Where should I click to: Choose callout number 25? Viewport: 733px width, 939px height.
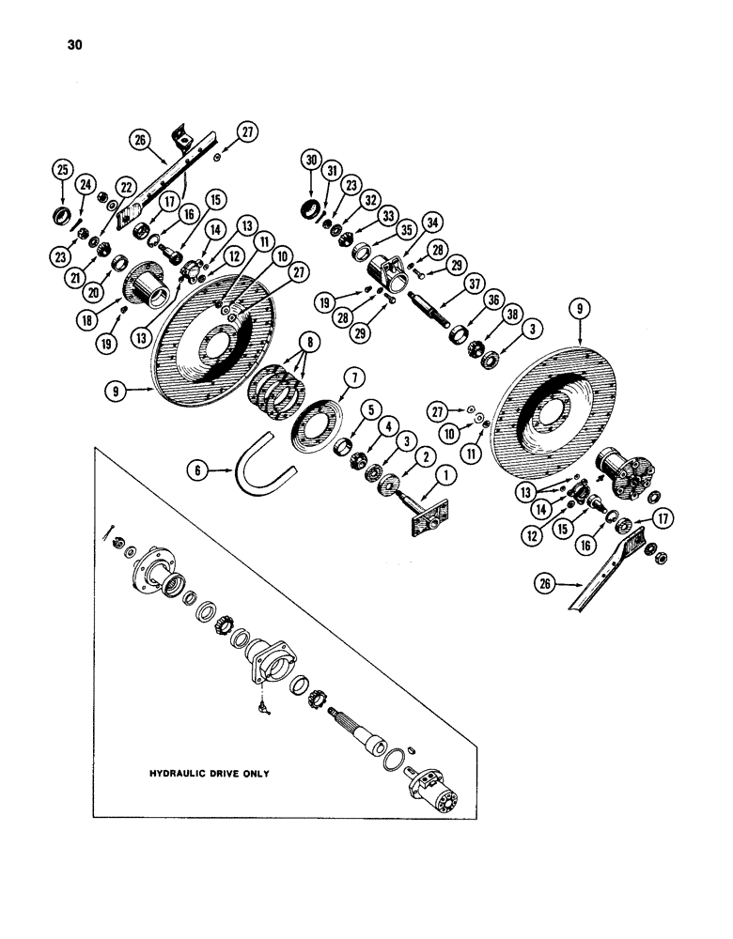pyautogui.click(x=64, y=169)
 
